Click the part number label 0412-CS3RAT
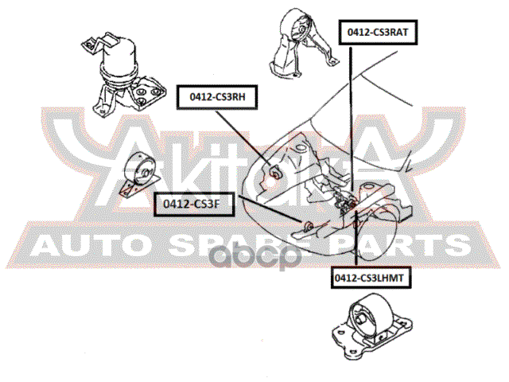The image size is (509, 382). [x=377, y=33]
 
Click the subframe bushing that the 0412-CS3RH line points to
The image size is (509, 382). [x=275, y=170]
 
